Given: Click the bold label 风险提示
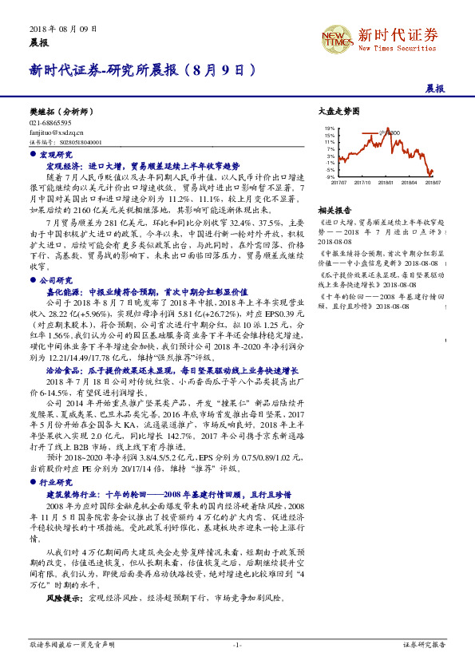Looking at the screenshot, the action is click(x=62, y=574).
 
